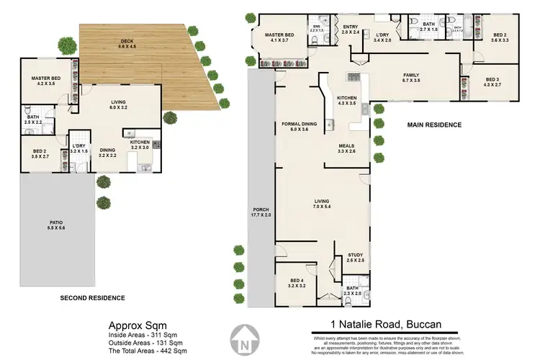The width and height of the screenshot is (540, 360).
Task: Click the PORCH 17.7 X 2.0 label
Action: [x=256, y=213]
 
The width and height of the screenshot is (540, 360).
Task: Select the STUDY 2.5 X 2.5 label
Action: [x=355, y=257]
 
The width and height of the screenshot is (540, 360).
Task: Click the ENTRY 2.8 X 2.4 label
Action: [x=350, y=30]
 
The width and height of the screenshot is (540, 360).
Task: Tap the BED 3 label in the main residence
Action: [x=492, y=83]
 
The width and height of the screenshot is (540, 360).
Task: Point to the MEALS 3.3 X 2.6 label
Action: [x=347, y=148]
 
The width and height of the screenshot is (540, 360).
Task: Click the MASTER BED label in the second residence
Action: [x=45, y=81]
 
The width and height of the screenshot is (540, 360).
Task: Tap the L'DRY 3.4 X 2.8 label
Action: [x=382, y=37]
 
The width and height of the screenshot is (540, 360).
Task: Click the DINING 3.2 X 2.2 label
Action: [x=107, y=153]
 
